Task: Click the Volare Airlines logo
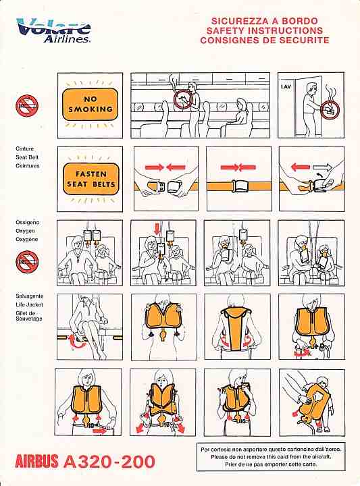(x=53, y=30)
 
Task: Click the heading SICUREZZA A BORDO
(x=265, y=21)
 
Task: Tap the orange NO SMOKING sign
(x=91, y=105)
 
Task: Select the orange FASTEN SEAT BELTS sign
(x=91, y=179)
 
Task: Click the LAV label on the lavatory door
(x=286, y=87)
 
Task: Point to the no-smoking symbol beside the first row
(x=27, y=106)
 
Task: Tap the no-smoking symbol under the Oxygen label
(x=27, y=262)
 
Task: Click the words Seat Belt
(x=27, y=157)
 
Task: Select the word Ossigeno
(x=27, y=222)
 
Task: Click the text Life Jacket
(x=29, y=304)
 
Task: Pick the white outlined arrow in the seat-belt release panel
(x=322, y=167)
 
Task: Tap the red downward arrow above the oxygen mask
(x=157, y=228)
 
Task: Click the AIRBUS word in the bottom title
(x=36, y=461)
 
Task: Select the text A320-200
(x=109, y=462)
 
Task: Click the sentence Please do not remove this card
(x=271, y=456)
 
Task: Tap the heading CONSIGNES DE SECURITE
(x=265, y=40)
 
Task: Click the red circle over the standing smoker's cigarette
(x=183, y=99)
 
